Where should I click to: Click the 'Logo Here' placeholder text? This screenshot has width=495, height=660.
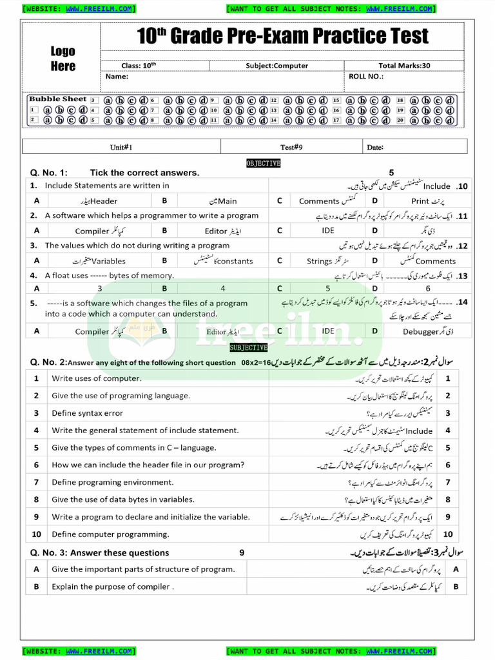63,59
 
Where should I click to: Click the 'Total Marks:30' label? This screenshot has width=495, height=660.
404,65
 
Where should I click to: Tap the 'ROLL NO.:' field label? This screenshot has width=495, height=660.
365,76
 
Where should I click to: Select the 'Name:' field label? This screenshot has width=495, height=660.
117,76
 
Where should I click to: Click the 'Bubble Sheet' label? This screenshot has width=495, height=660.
57,99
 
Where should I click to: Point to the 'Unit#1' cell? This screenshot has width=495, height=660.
121,147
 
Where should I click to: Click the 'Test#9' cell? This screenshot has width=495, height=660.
291,147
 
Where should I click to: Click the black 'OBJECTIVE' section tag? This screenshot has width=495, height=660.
263,164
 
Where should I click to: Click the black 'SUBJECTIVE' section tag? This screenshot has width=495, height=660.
247,348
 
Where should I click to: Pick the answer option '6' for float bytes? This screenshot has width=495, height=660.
427,289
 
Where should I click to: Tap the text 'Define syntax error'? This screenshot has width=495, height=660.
87,413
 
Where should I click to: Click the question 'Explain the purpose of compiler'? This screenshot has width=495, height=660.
112,587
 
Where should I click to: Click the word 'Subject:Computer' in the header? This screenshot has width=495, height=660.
277,65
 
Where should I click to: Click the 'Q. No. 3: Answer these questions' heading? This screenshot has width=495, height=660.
99,552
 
